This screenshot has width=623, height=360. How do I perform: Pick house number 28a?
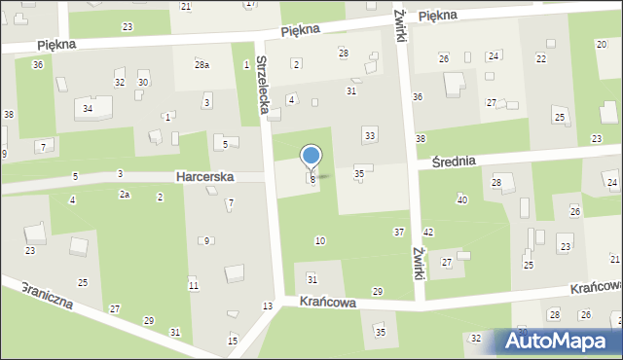pos(202,65)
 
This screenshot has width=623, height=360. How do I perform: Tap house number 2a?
pos(125,196)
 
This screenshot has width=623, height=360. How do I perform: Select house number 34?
pos(88,108)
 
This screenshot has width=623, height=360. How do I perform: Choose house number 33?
pos(369,133)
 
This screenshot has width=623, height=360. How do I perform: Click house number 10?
pos(320,240)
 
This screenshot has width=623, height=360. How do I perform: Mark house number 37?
pos(399,232)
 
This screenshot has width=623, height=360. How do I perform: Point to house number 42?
pos(428,232)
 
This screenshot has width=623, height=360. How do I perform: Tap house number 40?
pos(461,199)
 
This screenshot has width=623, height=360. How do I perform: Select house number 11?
pos(194,285)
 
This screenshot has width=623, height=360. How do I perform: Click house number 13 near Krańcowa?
pos(268,306)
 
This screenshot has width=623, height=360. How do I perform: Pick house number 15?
pos(233,341)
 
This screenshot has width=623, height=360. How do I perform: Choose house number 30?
pos(142,83)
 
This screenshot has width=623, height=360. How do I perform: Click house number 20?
pos(601,45)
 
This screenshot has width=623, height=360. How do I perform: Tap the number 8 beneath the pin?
pos(312,180)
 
